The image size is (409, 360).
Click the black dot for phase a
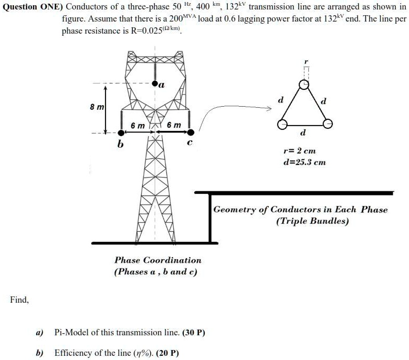click(x=154, y=84)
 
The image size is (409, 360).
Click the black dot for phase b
click(x=117, y=132)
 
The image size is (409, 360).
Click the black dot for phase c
click(x=191, y=132)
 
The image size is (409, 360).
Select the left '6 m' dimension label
click(x=138, y=126)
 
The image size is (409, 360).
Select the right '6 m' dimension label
click(x=174, y=126)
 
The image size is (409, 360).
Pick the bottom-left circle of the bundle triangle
click(x=282, y=124)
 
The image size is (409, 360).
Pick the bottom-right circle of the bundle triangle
click(x=328, y=124)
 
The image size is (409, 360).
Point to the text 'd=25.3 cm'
click(x=305, y=162)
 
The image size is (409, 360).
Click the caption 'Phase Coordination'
click(x=158, y=260)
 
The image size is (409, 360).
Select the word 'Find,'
click(x=19, y=300)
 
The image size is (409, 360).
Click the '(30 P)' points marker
click(x=194, y=333)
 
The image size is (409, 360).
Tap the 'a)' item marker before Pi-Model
click(x=39, y=333)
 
